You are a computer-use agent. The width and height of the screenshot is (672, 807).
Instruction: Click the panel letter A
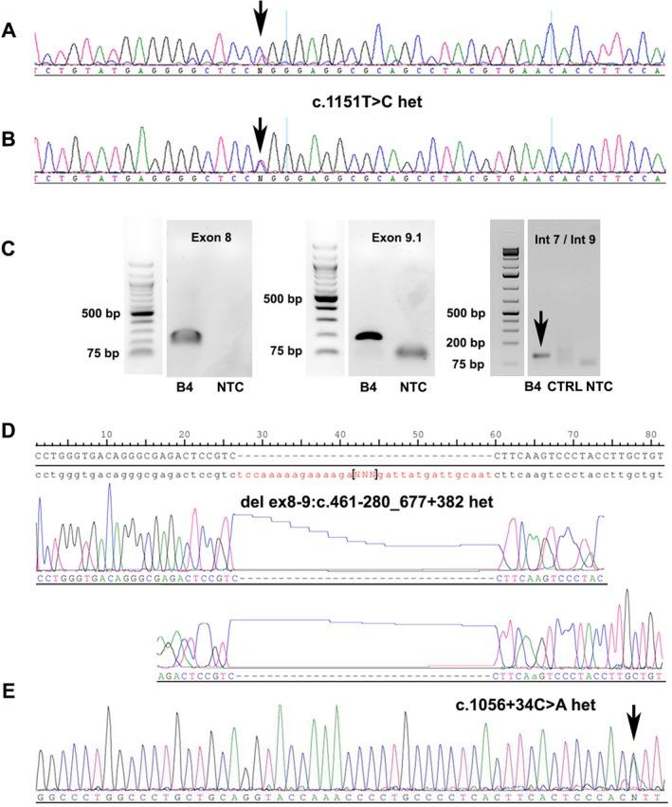pos(9,29)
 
